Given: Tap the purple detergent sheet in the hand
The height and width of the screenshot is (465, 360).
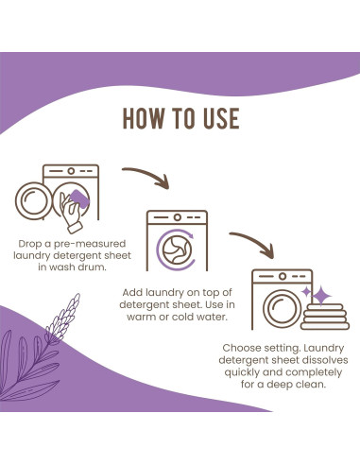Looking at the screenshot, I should coord(78,199).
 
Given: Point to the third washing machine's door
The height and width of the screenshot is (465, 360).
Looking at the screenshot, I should coord(282,307).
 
